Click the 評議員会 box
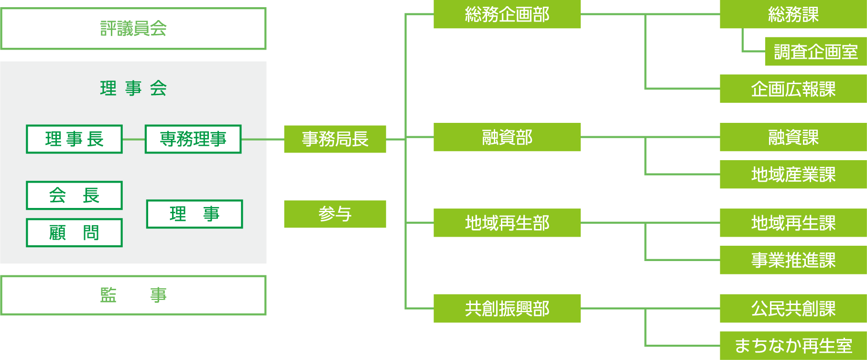pos(133,29)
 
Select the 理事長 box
pos(74,139)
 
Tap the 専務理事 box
pos(193,139)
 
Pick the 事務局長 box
pos(335,139)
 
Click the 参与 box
pos(335,214)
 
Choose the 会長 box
pos(74,195)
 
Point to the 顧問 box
pos(74,233)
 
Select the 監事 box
pos(133,295)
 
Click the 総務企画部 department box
pos(507,14)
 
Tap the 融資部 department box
pos(507,137)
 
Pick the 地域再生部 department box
pos(507,223)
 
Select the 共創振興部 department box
pos(507,308)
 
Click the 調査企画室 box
pos(815,52)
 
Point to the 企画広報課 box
pos(793,89)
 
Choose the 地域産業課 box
pos(793,175)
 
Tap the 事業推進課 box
pos(793,260)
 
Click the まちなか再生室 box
pos(793,346)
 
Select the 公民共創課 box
pos(793,308)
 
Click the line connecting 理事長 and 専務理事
pos(134,139)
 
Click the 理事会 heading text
pos(133,88)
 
